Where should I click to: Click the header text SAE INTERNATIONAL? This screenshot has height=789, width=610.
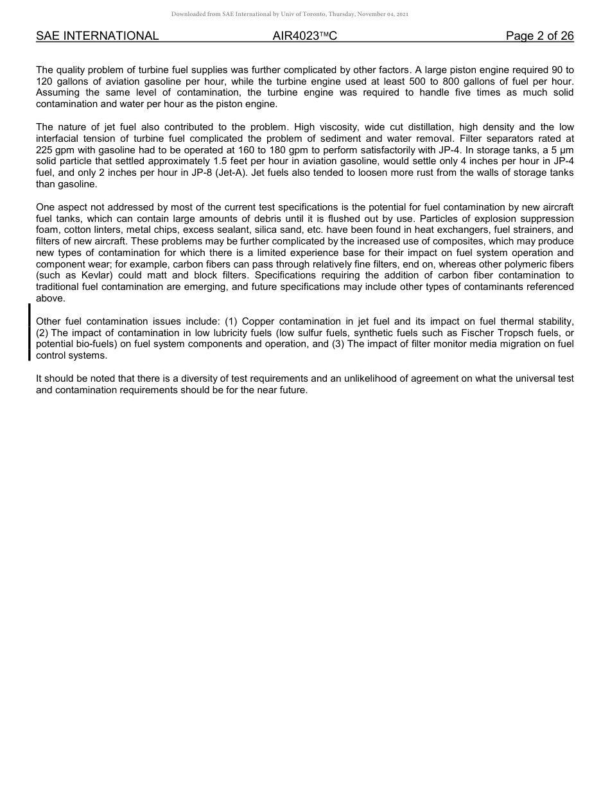pos(97,36)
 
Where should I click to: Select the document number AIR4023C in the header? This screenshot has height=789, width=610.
pos(304,36)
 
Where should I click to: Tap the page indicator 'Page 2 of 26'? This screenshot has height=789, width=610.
pos(539,36)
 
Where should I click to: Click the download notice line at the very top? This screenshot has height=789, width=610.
pos(290,14)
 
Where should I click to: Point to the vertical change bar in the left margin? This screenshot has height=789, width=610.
pos(29,332)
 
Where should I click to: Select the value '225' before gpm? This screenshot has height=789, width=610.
pos(44,150)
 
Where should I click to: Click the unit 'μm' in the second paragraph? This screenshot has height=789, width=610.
pos(567,150)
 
